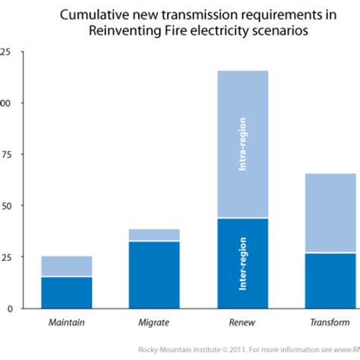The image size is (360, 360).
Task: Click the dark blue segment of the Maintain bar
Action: [66, 292]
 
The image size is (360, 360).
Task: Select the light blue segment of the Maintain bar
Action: [66, 266]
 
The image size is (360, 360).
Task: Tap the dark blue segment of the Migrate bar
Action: [154, 274]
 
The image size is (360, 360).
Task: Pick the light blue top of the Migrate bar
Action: [154, 235]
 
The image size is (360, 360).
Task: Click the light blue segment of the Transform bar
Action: [330, 213]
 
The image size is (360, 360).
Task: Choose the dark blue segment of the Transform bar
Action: [330, 280]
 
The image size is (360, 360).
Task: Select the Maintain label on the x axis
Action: [66, 323]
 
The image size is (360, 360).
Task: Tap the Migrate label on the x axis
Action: [154, 323]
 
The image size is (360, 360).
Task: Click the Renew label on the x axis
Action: [242, 323]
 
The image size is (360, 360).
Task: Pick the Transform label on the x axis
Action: [330, 323]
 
